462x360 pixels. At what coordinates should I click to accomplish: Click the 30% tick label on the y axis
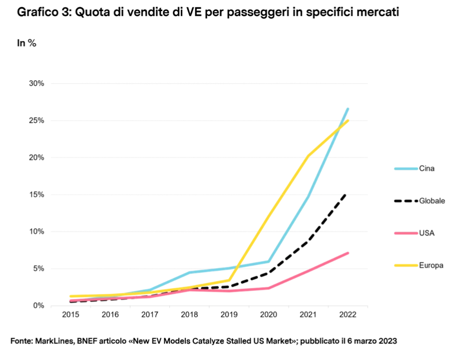37,83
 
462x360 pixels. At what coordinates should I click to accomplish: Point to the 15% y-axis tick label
37,194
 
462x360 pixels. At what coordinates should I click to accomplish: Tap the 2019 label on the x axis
229,315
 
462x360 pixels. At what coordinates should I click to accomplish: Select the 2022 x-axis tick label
347,315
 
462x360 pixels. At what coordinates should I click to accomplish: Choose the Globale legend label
432,201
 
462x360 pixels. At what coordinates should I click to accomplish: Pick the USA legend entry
427,233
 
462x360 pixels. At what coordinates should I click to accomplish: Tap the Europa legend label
430,265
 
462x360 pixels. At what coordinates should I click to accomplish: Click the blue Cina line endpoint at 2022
347,109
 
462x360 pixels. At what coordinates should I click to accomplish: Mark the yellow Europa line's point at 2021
308,156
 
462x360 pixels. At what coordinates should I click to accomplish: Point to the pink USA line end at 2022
347,253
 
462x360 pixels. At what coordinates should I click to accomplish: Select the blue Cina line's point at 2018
189,272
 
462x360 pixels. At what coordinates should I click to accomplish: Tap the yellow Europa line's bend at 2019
229,280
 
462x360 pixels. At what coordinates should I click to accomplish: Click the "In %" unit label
27,43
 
